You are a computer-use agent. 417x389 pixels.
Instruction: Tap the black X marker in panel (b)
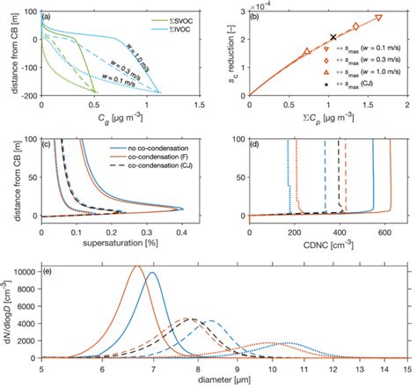(x=333, y=37)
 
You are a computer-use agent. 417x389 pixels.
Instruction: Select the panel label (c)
(x=51, y=143)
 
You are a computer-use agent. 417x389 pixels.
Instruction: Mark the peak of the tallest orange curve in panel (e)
(x=137, y=267)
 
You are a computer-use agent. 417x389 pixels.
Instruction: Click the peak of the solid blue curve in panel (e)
(x=153, y=273)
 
